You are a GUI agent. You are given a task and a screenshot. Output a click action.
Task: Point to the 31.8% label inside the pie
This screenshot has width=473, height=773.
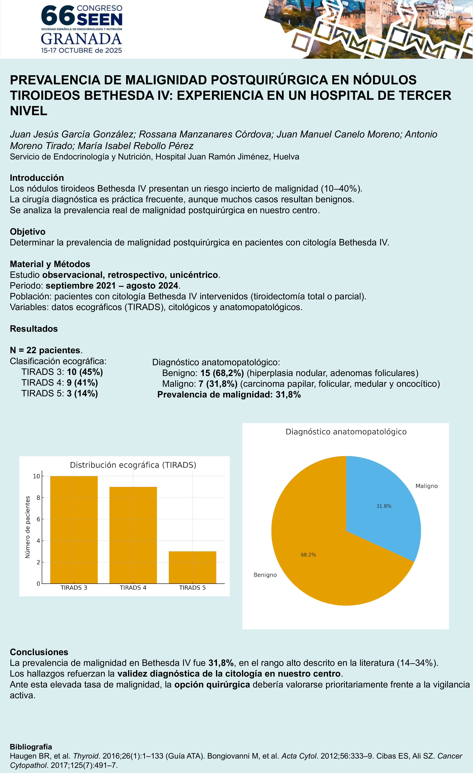383,506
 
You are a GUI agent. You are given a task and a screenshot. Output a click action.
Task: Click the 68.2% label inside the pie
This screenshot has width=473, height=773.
308,555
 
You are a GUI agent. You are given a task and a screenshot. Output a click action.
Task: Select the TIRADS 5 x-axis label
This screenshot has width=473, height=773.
192,588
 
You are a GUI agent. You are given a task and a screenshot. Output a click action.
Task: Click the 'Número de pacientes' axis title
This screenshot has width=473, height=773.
28,527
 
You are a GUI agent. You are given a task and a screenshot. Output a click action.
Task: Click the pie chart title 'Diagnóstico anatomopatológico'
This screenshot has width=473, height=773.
346,432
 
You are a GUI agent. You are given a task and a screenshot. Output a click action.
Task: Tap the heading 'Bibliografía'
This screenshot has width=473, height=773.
31,747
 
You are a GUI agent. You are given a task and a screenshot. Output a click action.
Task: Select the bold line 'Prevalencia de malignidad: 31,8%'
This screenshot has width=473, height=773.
229,395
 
